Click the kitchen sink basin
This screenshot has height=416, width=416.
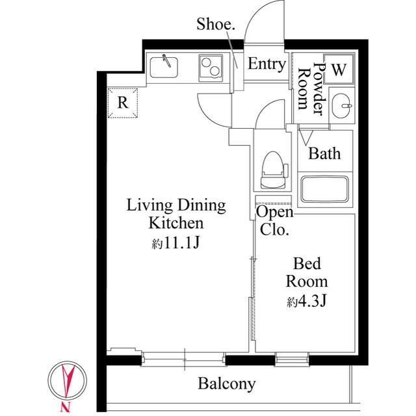(164, 65)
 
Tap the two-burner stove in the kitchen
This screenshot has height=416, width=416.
(211, 66)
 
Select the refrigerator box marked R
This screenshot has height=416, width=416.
(122, 103)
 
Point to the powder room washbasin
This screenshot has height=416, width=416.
(342, 105)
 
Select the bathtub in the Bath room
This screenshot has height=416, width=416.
(325, 188)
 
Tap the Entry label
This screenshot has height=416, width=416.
(266, 64)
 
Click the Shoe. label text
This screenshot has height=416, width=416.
(216, 25)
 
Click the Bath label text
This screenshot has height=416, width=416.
(324, 154)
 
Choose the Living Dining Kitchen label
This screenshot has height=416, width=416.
(175, 214)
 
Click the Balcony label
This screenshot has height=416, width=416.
(227, 383)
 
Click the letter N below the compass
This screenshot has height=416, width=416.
(65, 408)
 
